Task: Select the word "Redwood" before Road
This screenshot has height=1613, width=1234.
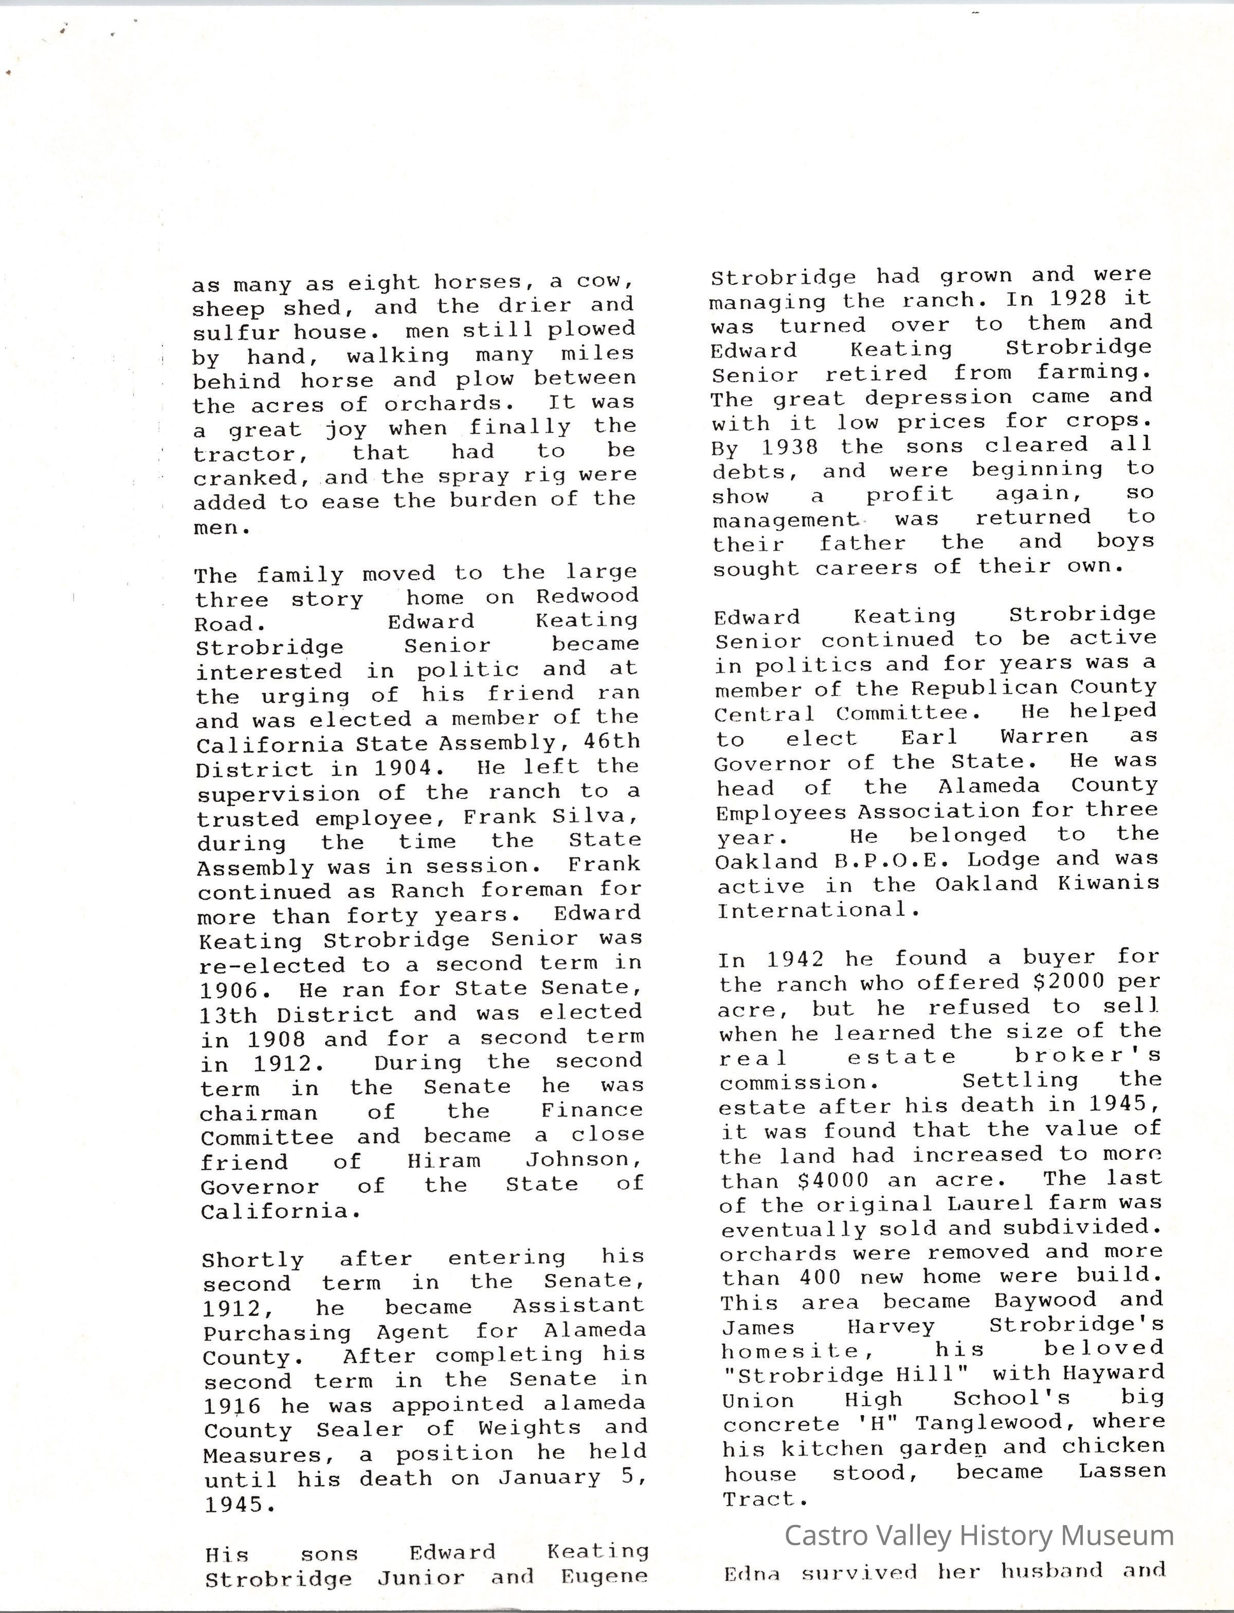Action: click(587, 596)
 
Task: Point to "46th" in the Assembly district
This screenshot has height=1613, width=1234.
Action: click(612, 742)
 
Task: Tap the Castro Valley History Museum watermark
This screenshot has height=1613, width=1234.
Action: click(978, 1535)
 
